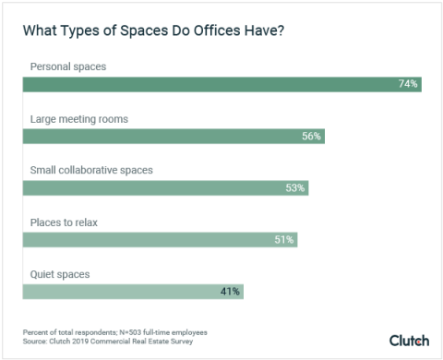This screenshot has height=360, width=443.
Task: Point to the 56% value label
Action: (x=310, y=136)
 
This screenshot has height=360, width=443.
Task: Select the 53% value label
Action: (x=294, y=187)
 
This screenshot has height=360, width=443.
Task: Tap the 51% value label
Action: (x=283, y=239)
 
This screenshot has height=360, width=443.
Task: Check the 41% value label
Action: (x=230, y=291)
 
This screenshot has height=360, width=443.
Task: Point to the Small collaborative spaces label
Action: (x=90, y=170)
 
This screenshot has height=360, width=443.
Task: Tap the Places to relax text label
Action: (x=63, y=222)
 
